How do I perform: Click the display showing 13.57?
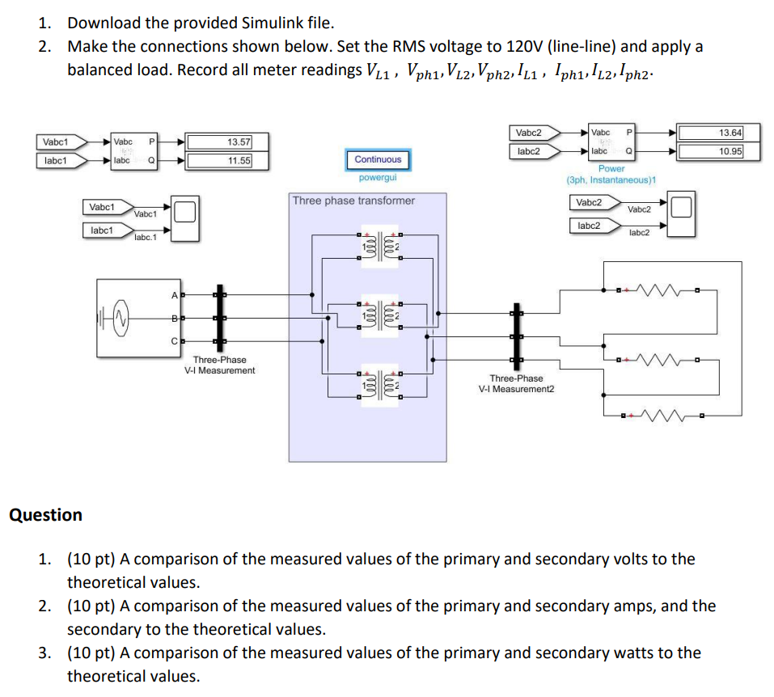click(x=219, y=142)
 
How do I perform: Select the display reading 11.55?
click(x=219, y=160)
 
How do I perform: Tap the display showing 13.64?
click(x=709, y=133)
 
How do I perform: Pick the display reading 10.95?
click(x=709, y=150)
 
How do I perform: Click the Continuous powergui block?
click(x=378, y=160)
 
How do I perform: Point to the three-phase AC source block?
click(x=134, y=317)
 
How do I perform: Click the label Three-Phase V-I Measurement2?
click(x=516, y=383)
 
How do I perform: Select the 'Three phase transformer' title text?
click(x=353, y=201)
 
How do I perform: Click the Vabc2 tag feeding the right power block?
click(x=528, y=133)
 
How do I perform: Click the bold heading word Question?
click(x=45, y=515)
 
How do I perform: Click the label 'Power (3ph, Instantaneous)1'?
click(x=611, y=174)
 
